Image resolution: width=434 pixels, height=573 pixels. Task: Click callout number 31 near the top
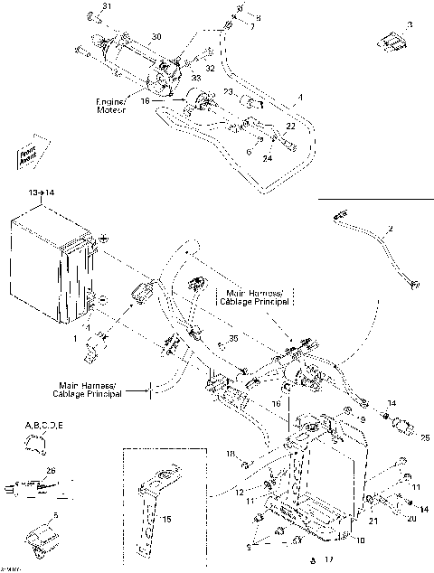[x=108, y=7]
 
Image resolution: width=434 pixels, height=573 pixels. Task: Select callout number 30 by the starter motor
[x=156, y=37]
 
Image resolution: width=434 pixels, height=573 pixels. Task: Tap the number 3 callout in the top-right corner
[x=409, y=24]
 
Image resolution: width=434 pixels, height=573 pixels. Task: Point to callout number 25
[x=425, y=438]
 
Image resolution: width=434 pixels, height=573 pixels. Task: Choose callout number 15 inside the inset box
[x=165, y=521]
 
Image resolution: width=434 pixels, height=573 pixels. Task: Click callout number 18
[x=231, y=453]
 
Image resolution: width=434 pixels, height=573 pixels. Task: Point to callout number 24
[x=268, y=158]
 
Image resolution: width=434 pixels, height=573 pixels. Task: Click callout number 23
[x=229, y=92]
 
